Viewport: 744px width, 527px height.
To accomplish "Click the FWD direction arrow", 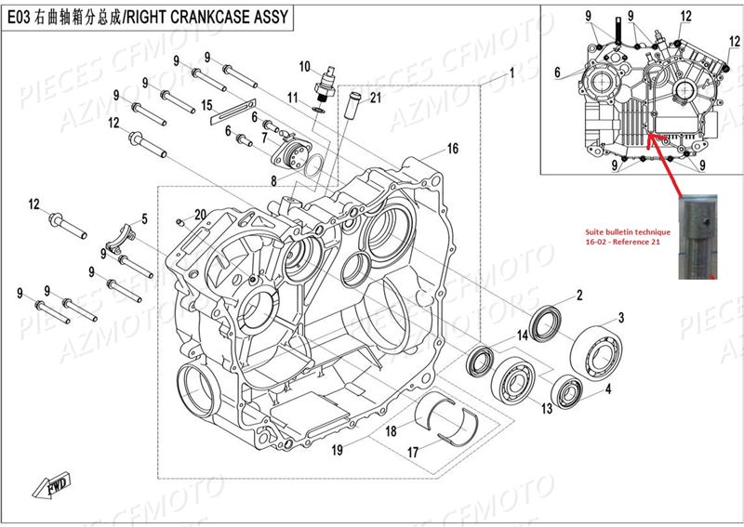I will [48, 487].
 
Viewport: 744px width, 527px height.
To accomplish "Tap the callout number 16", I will [452, 149].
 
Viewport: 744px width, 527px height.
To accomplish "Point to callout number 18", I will [392, 431].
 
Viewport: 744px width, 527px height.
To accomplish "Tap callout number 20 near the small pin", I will [199, 215].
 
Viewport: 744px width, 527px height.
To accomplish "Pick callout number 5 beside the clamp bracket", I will [144, 219].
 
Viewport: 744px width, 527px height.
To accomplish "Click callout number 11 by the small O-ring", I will [292, 98].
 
